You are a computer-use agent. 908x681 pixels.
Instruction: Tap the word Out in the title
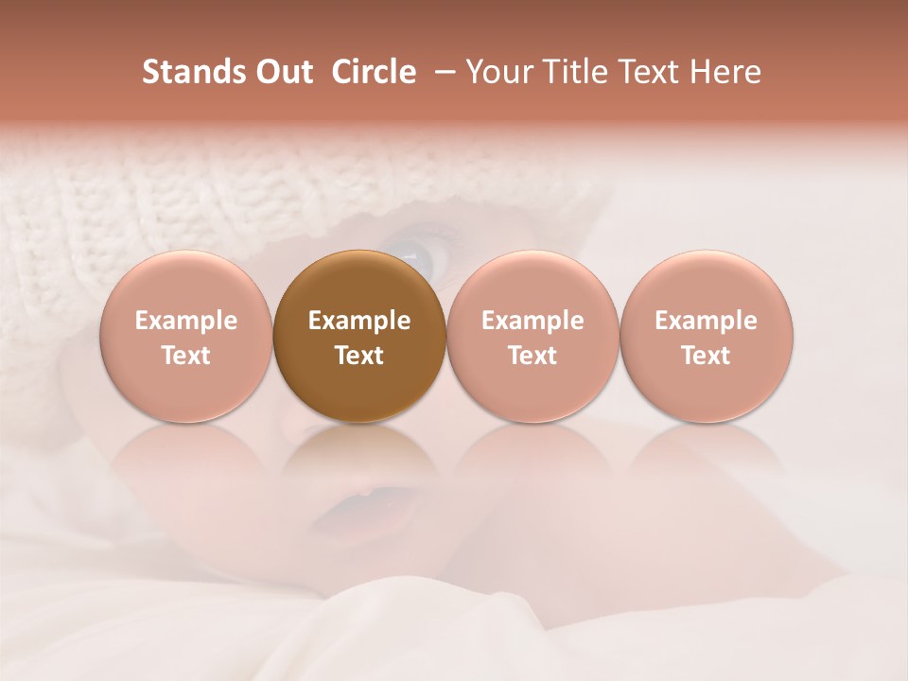[x=281, y=72]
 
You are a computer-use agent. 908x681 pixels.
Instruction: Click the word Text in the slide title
[x=651, y=72]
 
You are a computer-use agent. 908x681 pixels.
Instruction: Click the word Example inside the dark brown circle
[x=359, y=321]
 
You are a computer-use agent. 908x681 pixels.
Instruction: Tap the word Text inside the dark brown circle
[x=359, y=356]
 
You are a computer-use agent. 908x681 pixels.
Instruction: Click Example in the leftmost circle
[x=186, y=321]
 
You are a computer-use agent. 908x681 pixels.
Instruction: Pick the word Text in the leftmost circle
[x=186, y=356]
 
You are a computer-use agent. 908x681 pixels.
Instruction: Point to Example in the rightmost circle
[x=706, y=321]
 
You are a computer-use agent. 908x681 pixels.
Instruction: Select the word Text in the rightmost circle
[x=706, y=356]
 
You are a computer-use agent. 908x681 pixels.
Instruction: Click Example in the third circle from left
[x=533, y=321]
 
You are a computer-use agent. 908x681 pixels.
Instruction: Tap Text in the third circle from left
[x=533, y=356]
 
